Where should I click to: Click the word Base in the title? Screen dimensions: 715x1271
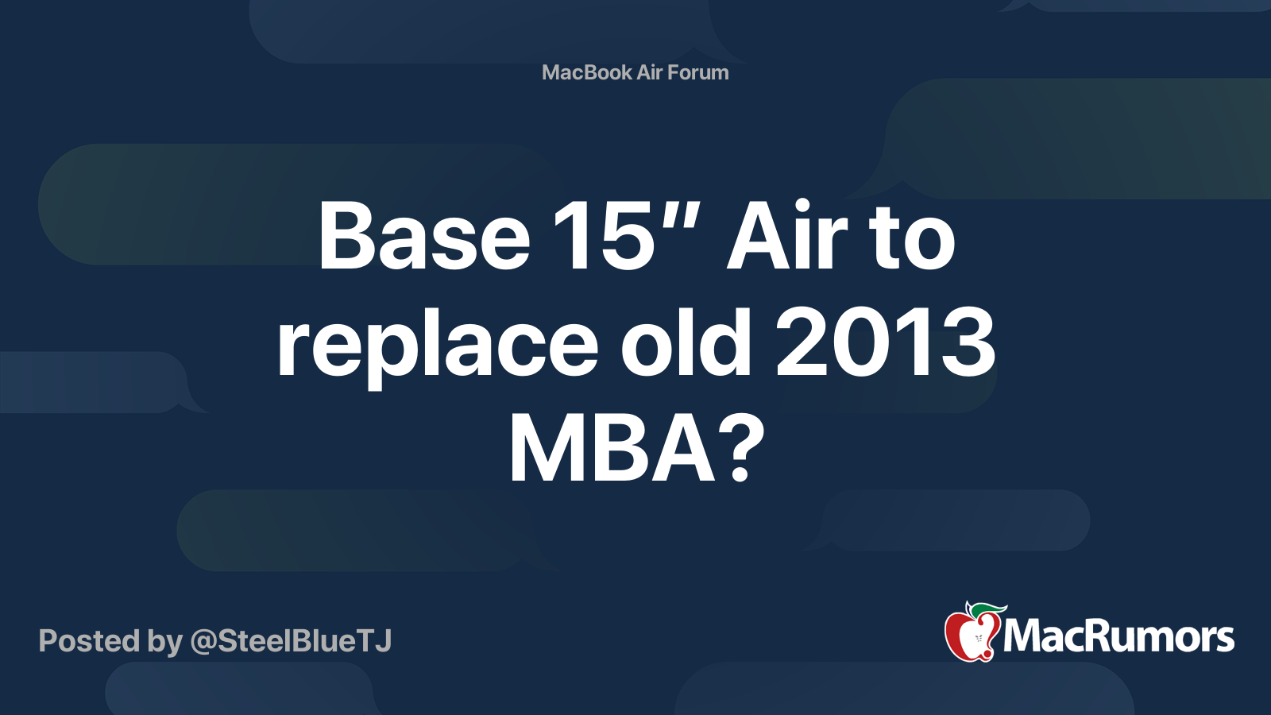(x=423, y=236)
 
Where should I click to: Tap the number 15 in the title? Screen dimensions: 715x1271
(x=601, y=236)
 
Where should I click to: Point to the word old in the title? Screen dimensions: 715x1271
(x=686, y=343)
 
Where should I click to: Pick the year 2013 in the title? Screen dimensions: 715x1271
(x=885, y=343)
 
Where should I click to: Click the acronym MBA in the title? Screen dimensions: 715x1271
(x=612, y=450)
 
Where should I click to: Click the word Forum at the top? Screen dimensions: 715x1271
(x=697, y=72)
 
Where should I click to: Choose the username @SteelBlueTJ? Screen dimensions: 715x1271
(x=291, y=641)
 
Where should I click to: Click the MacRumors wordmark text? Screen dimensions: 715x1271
(x=1118, y=637)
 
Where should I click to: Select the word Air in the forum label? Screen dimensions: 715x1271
(x=649, y=72)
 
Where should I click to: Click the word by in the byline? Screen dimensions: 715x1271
(x=165, y=641)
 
